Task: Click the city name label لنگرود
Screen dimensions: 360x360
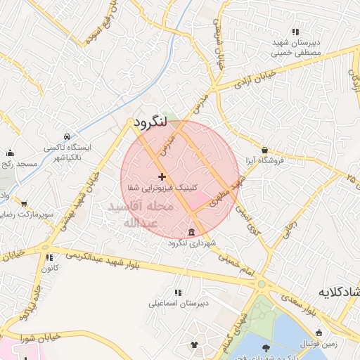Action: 149,123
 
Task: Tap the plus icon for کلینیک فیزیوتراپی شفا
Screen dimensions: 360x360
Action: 162,176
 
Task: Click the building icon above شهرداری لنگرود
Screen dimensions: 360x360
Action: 191,233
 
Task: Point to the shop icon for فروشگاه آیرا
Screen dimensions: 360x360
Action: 264,150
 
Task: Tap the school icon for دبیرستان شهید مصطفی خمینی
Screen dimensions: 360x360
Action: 295,32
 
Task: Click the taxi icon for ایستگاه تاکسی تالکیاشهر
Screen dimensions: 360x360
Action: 66,136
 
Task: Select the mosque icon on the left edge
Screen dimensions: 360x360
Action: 10,153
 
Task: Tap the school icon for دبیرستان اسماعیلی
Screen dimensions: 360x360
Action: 177,292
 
